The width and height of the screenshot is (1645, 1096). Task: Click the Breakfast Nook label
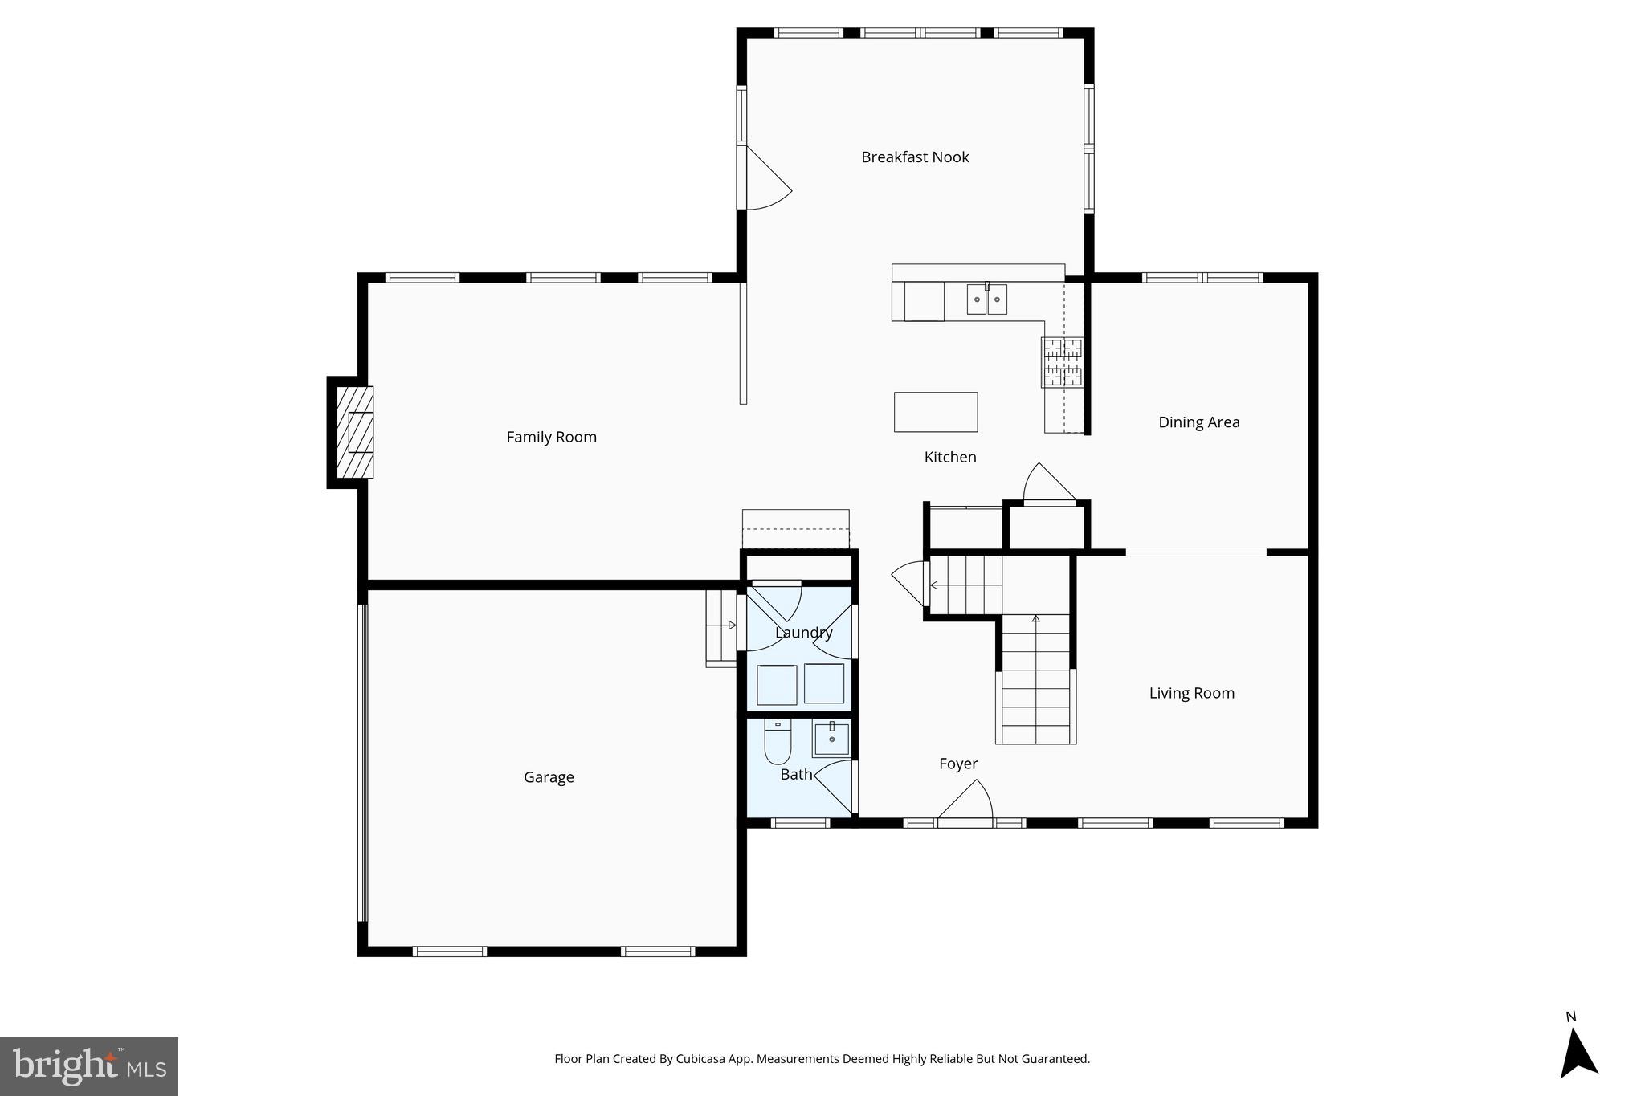(915, 157)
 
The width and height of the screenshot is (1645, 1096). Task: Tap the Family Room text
(551, 438)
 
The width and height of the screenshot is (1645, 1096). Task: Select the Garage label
(549, 777)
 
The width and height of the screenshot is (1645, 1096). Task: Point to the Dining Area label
(1198, 422)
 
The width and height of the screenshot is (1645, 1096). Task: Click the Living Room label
(1191, 693)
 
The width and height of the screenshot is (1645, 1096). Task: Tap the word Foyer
(958, 764)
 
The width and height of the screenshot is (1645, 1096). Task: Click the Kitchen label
(950, 457)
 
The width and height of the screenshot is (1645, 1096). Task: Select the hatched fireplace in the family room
(354, 432)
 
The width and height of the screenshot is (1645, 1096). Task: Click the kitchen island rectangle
(936, 412)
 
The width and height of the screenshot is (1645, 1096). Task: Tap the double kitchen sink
(986, 299)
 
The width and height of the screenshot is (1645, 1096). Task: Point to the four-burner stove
(1062, 362)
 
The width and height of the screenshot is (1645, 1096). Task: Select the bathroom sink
(831, 737)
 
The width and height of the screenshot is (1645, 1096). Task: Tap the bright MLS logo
(89, 1066)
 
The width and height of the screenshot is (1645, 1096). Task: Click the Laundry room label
(803, 633)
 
